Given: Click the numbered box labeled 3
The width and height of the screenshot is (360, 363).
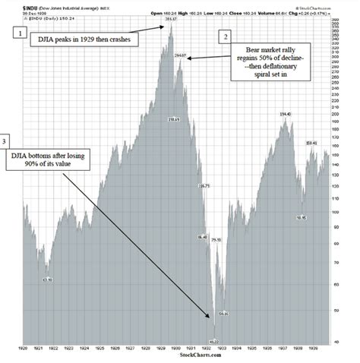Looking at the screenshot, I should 6,142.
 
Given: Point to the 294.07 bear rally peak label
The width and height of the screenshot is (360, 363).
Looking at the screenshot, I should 180,56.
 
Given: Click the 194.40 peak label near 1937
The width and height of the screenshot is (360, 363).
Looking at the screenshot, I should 286,114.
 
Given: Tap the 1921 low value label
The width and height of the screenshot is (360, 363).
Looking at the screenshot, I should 47,279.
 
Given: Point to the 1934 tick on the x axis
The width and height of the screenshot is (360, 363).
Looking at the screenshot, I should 238,348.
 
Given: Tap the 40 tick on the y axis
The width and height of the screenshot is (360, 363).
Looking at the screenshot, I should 347,342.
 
